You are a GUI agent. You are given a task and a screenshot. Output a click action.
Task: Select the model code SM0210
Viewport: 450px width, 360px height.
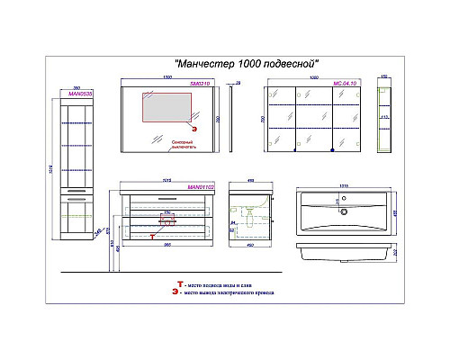point(199,84)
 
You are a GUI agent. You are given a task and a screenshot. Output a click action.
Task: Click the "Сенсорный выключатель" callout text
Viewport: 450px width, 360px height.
point(182,148)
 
